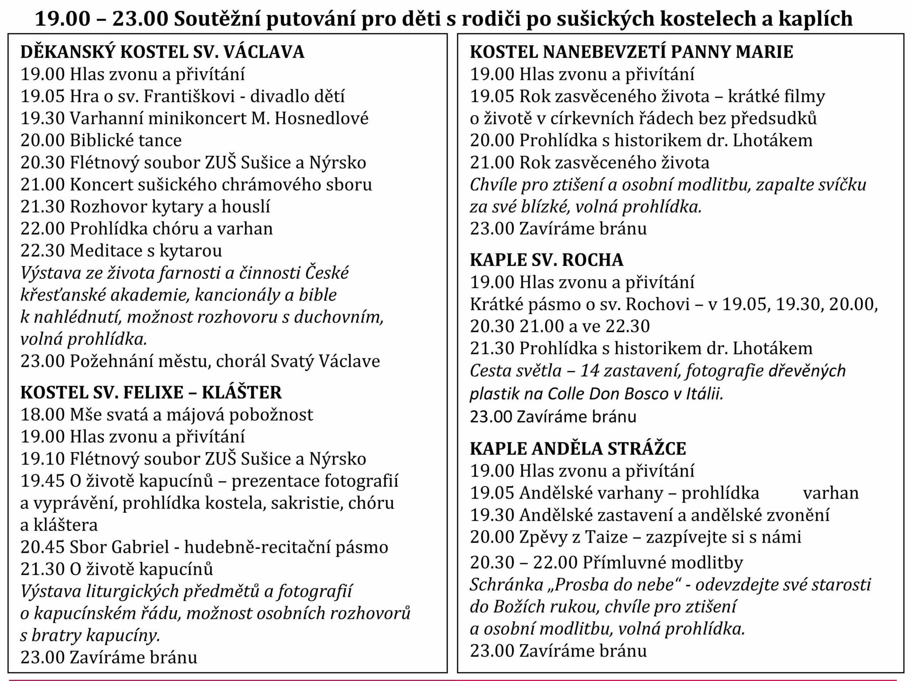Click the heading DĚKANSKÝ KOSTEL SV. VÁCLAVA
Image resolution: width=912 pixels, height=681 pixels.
(162, 52)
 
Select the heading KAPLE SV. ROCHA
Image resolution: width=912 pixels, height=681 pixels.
(546, 260)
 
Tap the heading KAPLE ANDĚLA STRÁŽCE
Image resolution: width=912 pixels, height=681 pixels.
(577, 448)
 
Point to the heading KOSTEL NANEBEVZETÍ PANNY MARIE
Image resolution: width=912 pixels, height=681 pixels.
(631, 52)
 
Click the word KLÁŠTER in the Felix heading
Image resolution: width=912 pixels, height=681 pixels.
(242, 392)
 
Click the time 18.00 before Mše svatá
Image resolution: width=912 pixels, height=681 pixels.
(42, 415)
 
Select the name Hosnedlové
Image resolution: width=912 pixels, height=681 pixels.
(321, 118)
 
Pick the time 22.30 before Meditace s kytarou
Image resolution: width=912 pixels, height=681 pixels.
(42, 251)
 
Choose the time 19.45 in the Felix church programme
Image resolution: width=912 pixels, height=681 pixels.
(42, 481)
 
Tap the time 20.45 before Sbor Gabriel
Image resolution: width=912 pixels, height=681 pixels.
(42, 547)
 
